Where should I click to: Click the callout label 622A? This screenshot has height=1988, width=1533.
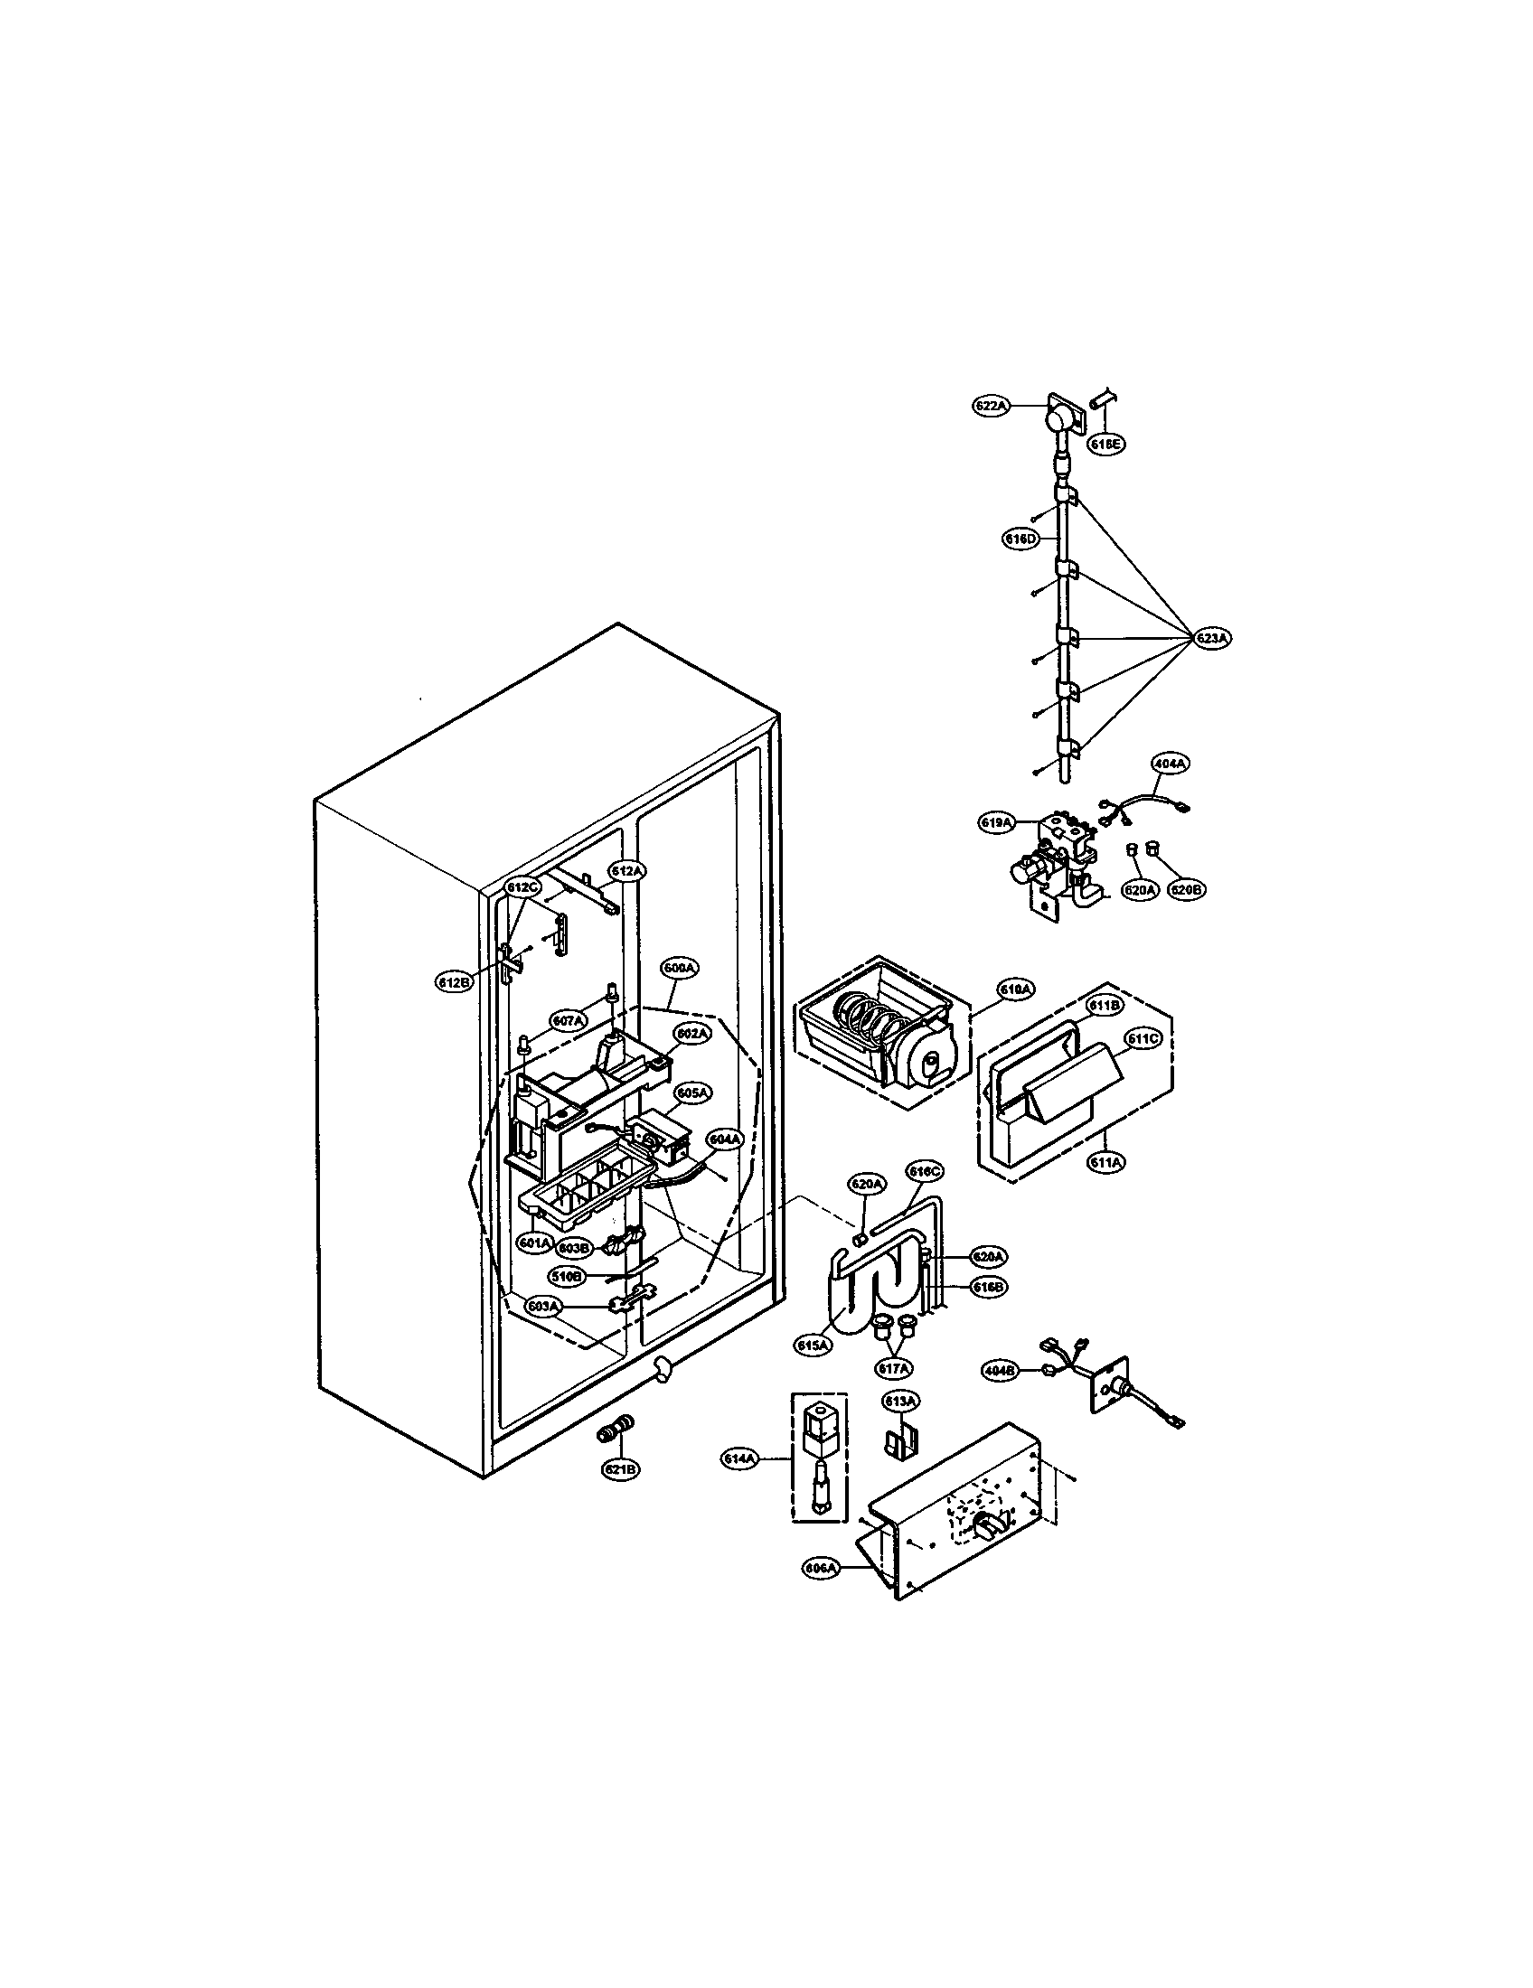tap(992, 407)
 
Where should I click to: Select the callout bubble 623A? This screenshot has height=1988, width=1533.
tap(1211, 639)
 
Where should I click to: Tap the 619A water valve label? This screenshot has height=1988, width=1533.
tap(997, 822)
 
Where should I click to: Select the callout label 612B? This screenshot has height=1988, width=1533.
tap(455, 982)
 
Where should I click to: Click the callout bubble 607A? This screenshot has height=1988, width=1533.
tap(568, 1021)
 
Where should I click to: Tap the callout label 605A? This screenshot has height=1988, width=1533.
tap(692, 1092)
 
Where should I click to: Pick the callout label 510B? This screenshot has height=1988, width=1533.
tap(565, 1277)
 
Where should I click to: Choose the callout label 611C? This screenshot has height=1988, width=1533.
tap(1143, 1038)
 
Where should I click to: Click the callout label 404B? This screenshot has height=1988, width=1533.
tap(1001, 1394)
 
